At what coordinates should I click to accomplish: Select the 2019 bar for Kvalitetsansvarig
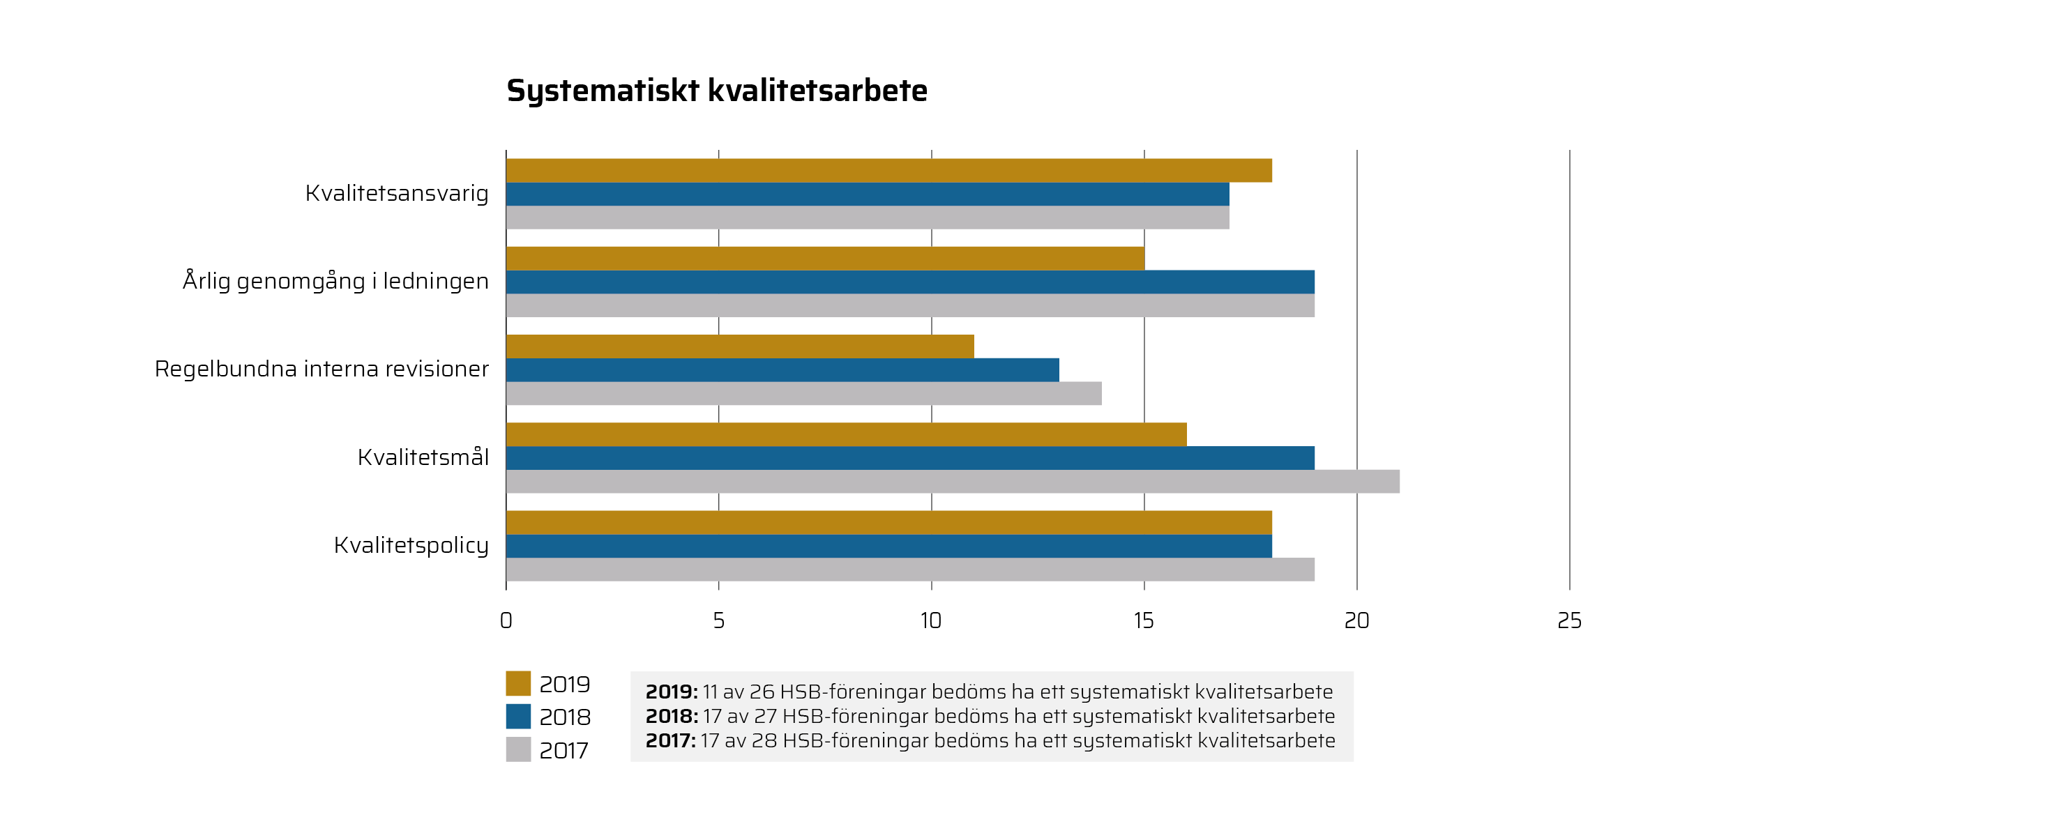(888, 171)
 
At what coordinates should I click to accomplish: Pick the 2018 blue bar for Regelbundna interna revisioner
(782, 369)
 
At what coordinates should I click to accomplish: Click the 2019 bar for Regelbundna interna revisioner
(739, 346)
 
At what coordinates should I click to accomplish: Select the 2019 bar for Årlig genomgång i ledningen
(824, 259)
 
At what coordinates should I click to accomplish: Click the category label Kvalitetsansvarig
(397, 194)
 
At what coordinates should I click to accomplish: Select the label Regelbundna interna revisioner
(322, 369)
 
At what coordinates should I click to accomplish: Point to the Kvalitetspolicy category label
(411, 546)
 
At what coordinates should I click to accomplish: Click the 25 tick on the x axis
(1568, 620)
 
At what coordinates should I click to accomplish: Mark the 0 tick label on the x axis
(506, 620)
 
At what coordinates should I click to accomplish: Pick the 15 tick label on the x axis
(1143, 620)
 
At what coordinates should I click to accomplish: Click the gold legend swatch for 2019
(518, 683)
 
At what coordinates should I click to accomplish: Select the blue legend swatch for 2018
(518, 717)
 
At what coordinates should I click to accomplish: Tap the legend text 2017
(563, 751)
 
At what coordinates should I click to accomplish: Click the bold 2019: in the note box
(671, 692)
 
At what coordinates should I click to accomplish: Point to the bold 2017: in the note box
(670, 740)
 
